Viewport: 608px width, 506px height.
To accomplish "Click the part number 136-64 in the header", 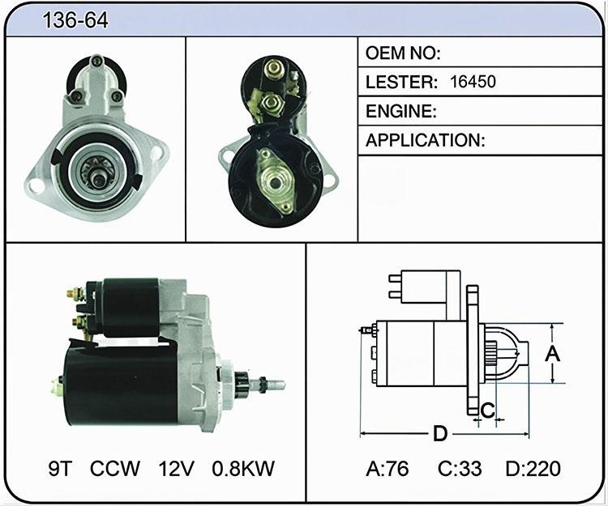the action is click(x=75, y=20).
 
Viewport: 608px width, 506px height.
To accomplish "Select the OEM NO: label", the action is click(x=403, y=53).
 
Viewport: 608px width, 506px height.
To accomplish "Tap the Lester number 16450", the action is click(x=473, y=82).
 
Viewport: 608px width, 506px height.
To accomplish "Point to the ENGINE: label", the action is click(x=401, y=112).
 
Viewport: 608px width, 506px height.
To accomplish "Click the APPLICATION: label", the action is click(x=426, y=140).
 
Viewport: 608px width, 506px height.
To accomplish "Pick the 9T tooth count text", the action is click(x=60, y=469).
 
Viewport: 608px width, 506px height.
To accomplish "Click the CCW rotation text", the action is click(x=115, y=469).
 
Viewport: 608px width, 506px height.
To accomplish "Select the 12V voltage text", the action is click(x=176, y=469).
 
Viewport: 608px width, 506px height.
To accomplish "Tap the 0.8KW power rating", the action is click(x=243, y=469).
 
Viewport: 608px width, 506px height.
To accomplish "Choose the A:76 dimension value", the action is click(x=387, y=469).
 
